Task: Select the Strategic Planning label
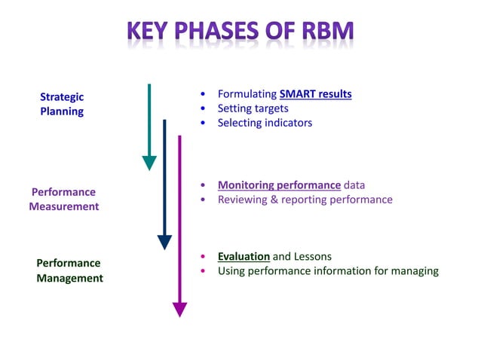(62, 104)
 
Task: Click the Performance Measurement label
(64, 199)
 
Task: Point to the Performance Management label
(69, 270)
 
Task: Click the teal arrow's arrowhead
(149, 163)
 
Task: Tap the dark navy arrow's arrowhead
(164, 242)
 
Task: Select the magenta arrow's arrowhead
(179, 309)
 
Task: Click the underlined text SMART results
(315, 94)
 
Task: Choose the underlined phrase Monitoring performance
(279, 185)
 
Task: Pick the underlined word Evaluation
(244, 256)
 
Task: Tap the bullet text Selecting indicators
(265, 123)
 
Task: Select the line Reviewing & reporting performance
(305, 200)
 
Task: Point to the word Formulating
(247, 94)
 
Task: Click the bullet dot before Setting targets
(204, 109)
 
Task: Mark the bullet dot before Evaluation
(204, 257)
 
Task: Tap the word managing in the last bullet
(414, 271)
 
